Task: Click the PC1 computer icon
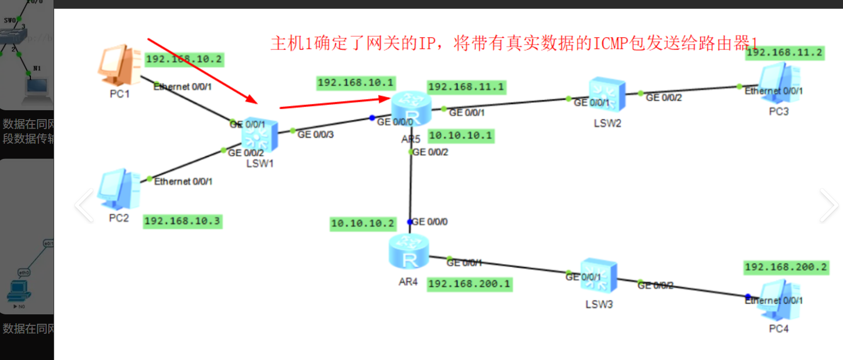click(x=119, y=66)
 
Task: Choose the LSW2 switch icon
click(x=607, y=96)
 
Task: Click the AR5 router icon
click(x=411, y=108)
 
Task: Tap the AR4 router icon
click(x=409, y=251)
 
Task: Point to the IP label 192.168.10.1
click(x=356, y=82)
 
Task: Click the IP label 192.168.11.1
click(x=466, y=87)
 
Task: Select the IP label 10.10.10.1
click(x=461, y=136)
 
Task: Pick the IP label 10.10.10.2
click(x=362, y=224)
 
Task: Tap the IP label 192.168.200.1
click(x=469, y=284)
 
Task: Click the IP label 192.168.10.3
click(x=183, y=221)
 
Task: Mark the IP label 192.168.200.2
click(x=785, y=267)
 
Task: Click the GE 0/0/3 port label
click(x=315, y=135)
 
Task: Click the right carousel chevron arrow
click(x=828, y=205)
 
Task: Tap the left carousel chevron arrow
click(x=84, y=205)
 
